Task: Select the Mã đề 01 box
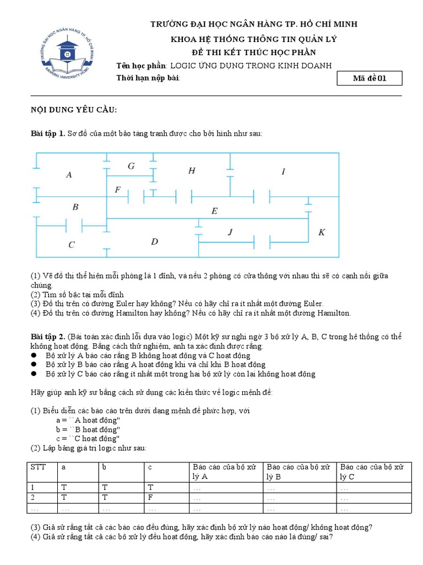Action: point(370,78)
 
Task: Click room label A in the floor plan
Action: point(69,175)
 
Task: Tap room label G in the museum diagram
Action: point(131,166)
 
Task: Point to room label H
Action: point(192,170)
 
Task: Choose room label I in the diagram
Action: point(283,172)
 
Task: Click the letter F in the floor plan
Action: point(117,190)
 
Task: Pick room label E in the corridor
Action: point(214,211)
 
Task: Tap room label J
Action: point(230,233)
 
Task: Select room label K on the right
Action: point(322,232)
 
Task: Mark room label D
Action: point(154,241)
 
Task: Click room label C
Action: point(72,244)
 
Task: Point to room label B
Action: point(75,207)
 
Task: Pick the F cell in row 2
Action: point(150,497)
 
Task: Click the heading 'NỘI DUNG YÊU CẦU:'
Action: point(73,110)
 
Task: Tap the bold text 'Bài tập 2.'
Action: point(48,337)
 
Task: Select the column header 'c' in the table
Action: point(150,467)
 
